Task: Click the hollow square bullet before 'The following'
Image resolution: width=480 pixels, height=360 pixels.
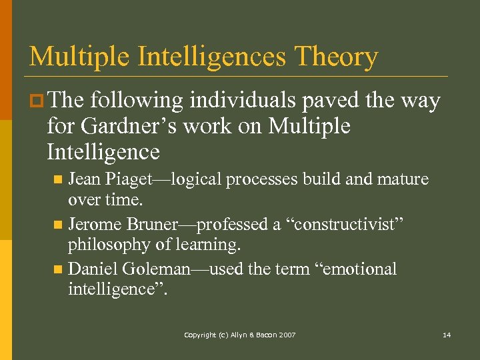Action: (x=37, y=101)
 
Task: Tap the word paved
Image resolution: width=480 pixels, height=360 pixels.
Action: (x=324, y=101)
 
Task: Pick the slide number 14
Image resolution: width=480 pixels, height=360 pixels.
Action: (x=447, y=335)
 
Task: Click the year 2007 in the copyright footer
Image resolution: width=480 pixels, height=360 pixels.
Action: (x=287, y=335)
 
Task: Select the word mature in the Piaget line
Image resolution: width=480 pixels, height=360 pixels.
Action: (x=403, y=180)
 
